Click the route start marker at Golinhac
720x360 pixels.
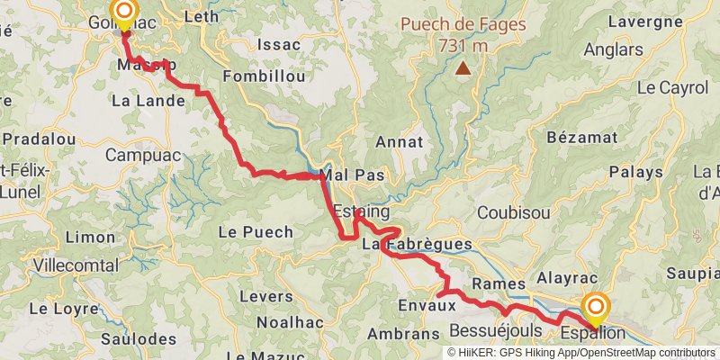click(124, 12)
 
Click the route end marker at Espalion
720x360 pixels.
click(595, 306)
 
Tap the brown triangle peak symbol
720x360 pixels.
click(463, 67)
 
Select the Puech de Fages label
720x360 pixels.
click(463, 25)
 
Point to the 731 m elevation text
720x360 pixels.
click(463, 45)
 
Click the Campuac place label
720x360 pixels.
click(135, 155)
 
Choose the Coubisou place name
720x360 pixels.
click(512, 212)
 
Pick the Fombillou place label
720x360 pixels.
click(264, 76)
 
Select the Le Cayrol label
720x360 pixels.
click(673, 88)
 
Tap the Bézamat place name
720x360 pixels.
click(582, 137)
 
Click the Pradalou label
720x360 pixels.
click(39, 139)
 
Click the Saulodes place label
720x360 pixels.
click(138, 339)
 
